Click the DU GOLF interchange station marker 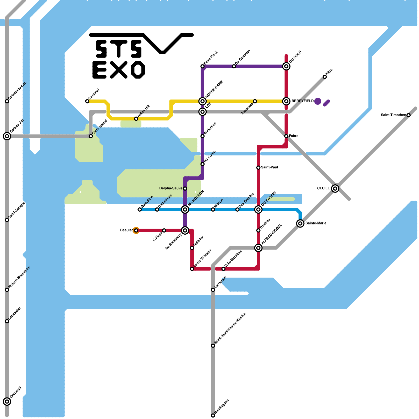tap(286, 66)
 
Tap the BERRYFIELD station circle tap(286, 101)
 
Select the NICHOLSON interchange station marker tap(185, 209)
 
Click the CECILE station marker tap(335, 188)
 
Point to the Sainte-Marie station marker tap(300, 223)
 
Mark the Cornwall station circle tap(7, 401)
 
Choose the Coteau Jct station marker tap(7, 136)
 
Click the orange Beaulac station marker tap(136, 230)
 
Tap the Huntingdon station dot tap(213, 416)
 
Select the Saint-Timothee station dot tap(408, 115)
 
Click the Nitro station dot tap(324, 77)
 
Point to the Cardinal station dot tap(87, 101)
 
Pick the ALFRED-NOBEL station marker tap(258, 248)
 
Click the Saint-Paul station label tap(269, 167)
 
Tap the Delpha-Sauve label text tap(170, 188)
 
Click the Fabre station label tap(294, 136)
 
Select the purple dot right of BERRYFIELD tap(318, 101)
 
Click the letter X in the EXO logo tap(119, 70)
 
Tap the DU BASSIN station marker tap(258, 209)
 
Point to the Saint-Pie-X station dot tap(202, 66)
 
